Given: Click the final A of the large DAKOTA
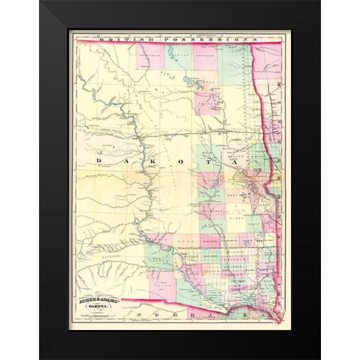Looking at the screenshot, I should (241, 160).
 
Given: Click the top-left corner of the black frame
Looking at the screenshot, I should (40, 2).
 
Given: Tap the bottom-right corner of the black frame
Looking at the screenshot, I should (319, 357).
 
